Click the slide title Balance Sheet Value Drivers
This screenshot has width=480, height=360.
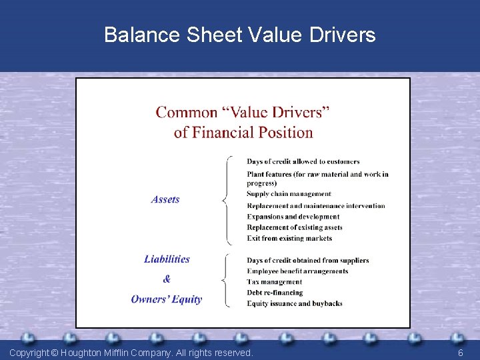[240, 35]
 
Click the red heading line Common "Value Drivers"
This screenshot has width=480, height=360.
[243, 112]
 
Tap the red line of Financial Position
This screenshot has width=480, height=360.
[243, 132]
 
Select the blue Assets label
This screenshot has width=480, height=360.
[165, 199]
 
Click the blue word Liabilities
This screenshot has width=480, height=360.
[167, 259]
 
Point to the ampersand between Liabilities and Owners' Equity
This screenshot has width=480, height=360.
[167, 279]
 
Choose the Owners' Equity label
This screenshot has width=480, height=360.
[166, 299]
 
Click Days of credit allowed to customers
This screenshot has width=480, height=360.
[303, 161]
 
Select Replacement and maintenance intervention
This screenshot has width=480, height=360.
[315, 205]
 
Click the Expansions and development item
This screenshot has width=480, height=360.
[293, 217]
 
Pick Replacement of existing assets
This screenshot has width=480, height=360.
[295, 227]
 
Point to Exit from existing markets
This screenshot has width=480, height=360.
[289, 238]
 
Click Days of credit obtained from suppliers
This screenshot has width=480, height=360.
[307, 260]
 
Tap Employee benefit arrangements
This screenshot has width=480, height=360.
[297, 271]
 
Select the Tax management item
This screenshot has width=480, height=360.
[274, 282]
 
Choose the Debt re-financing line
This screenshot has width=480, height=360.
[275, 293]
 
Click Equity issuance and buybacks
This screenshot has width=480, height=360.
[294, 303]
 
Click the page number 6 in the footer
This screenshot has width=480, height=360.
[460, 353]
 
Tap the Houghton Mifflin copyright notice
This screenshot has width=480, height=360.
[131, 353]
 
